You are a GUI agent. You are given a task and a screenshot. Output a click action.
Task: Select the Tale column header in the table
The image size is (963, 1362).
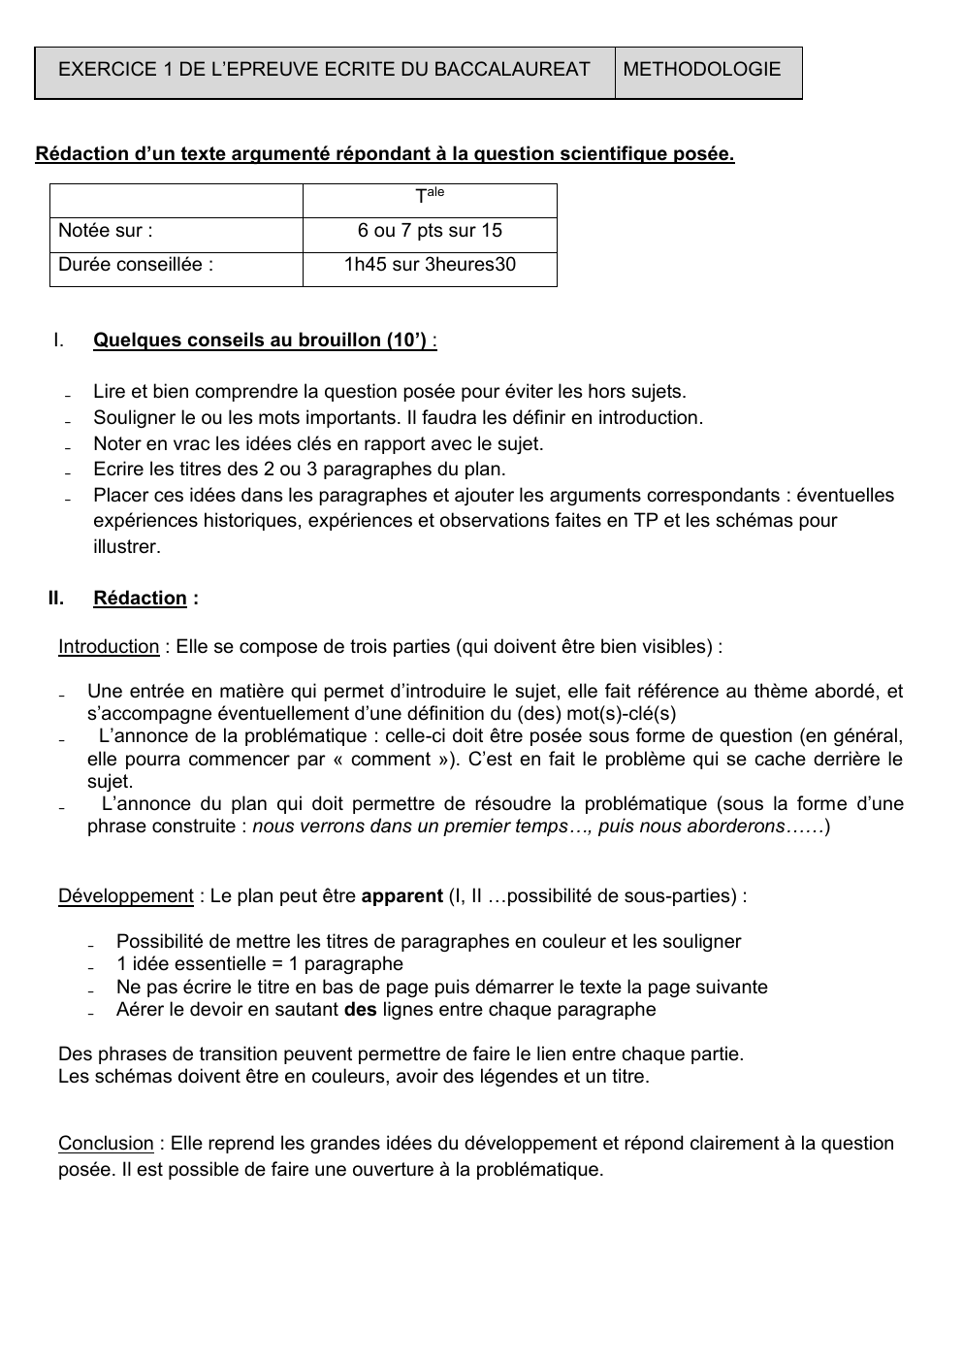(430, 196)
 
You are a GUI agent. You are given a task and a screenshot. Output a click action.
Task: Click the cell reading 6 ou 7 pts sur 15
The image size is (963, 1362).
(430, 231)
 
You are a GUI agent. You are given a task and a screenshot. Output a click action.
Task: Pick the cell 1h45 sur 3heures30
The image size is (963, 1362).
(430, 265)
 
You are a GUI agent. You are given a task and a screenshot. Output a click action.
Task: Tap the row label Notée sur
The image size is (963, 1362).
(105, 231)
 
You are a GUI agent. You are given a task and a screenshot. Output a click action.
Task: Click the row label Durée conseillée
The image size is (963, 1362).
(136, 265)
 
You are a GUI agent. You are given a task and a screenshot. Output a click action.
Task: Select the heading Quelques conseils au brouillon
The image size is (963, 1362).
(260, 340)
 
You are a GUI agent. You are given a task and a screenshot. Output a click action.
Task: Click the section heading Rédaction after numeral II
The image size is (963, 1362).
(140, 599)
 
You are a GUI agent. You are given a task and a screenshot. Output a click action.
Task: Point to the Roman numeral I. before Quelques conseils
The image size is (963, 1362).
(58, 340)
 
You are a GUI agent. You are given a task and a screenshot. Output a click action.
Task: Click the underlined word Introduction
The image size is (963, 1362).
(109, 647)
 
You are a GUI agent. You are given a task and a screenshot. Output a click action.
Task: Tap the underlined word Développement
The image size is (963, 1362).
(126, 896)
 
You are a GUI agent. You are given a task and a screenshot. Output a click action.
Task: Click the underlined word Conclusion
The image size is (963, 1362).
(106, 1144)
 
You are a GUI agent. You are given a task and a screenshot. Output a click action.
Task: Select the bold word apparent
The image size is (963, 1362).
(401, 896)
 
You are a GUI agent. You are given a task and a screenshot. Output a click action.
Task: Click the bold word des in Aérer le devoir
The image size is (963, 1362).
(360, 1010)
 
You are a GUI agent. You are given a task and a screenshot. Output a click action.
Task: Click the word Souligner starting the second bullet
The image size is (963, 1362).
(134, 418)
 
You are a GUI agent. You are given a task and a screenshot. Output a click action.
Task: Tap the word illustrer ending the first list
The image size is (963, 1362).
(126, 547)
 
